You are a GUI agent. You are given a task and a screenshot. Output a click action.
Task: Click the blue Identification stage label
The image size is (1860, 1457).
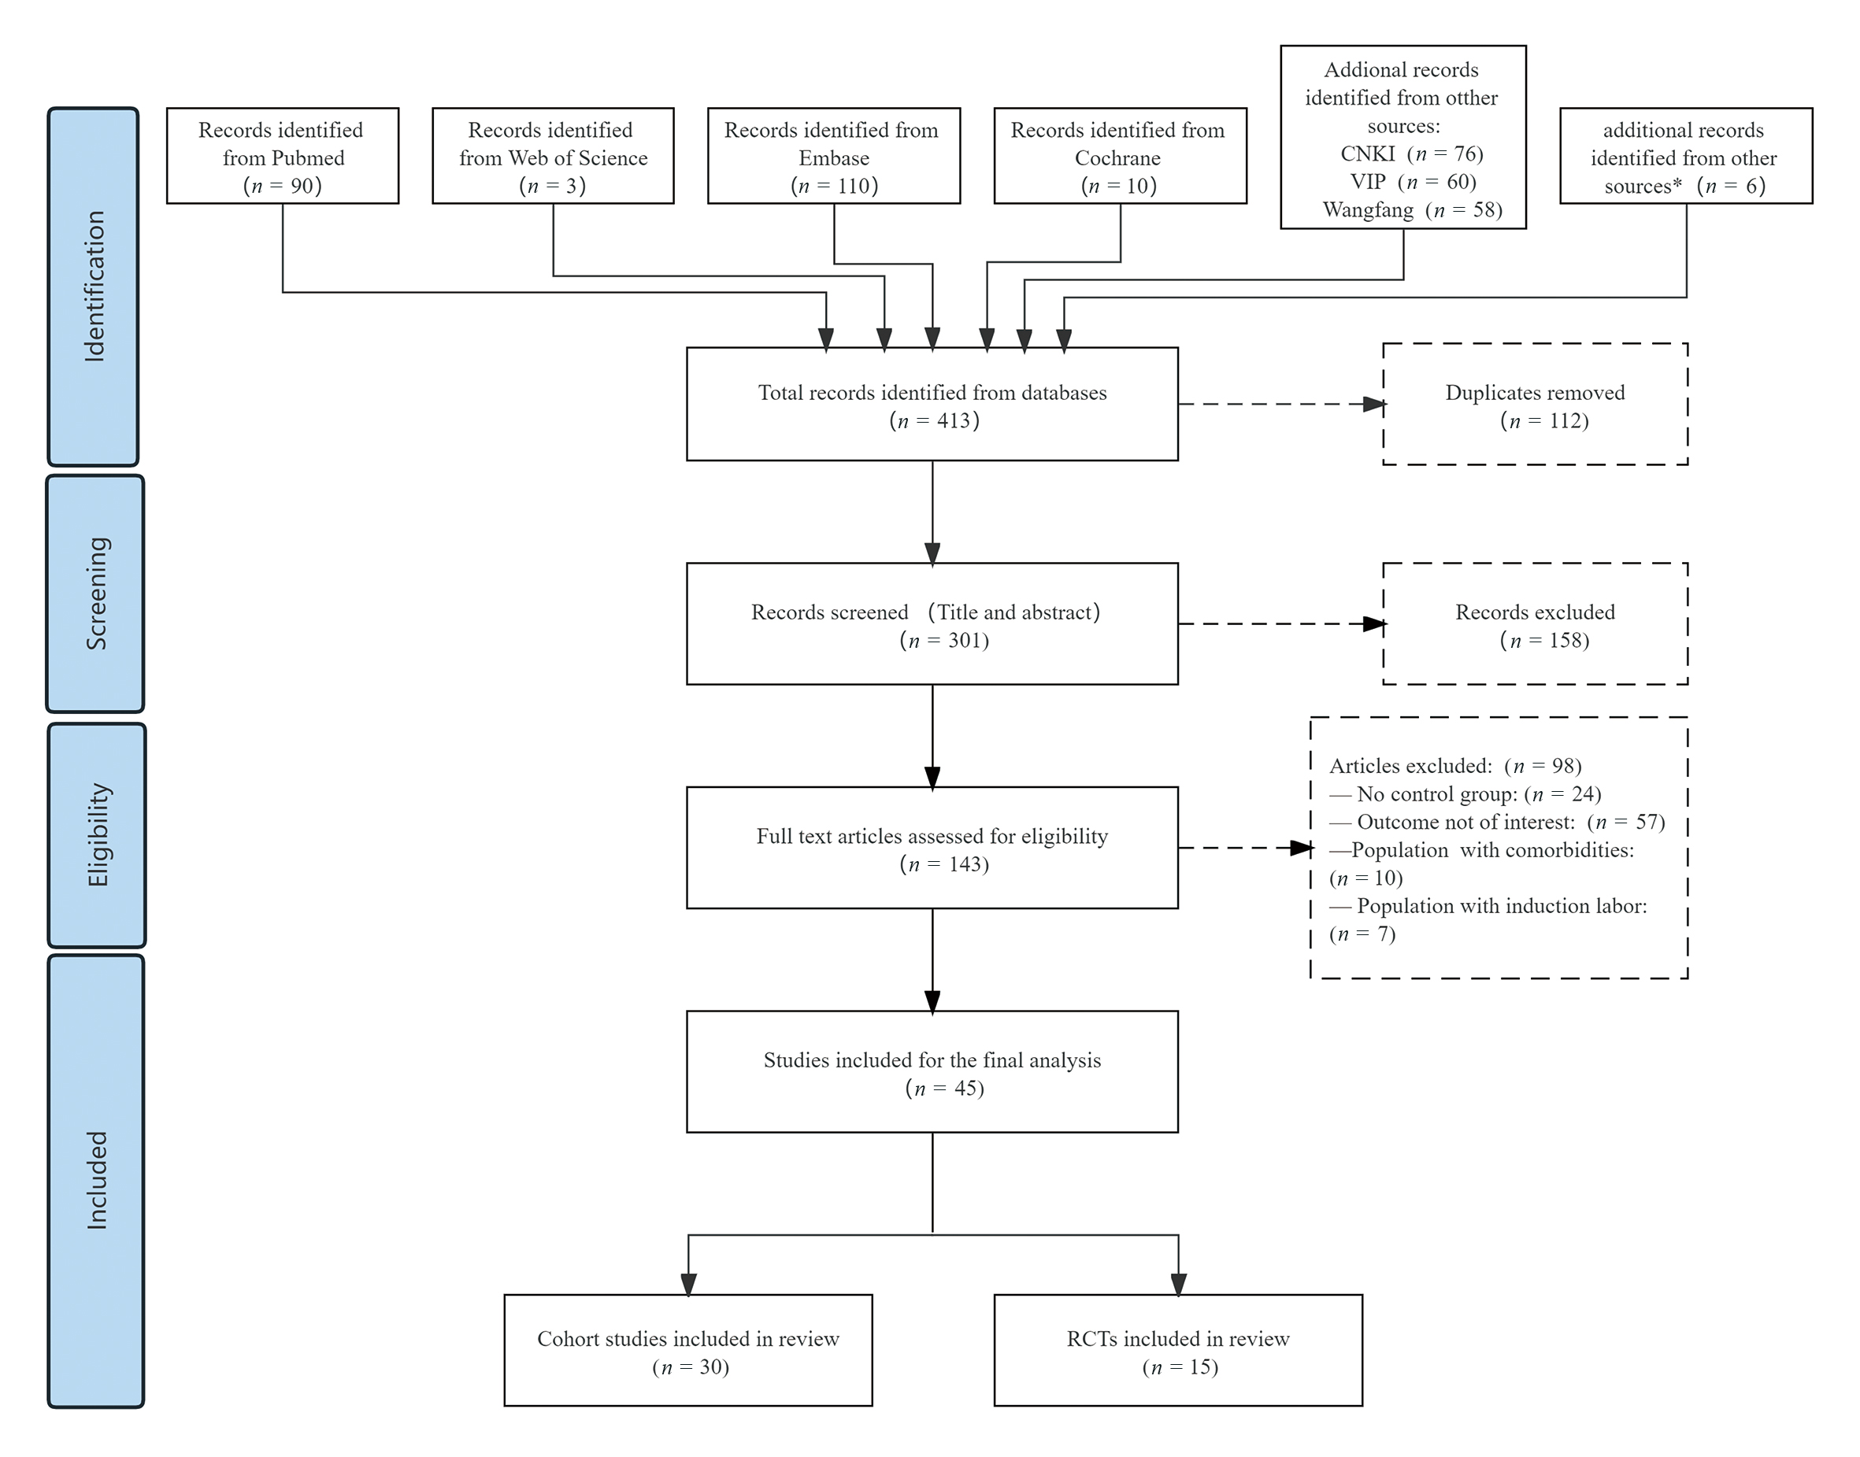click(93, 286)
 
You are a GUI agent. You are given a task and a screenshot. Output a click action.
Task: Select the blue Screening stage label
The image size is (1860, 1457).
click(94, 593)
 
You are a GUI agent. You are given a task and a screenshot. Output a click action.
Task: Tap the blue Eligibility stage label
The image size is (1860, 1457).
click(96, 834)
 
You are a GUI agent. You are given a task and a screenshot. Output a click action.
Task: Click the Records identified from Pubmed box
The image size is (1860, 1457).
click(283, 156)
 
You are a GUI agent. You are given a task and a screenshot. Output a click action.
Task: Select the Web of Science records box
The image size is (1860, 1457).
click(553, 156)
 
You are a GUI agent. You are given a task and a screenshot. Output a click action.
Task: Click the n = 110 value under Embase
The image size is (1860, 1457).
click(835, 186)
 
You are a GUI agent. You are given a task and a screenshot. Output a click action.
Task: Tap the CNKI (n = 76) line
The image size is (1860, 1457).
click(1412, 153)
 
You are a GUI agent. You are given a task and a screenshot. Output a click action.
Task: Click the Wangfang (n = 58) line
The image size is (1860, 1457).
click(1412, 210)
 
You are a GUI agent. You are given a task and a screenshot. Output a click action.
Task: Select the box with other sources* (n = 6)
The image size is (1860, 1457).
click(1685, 156)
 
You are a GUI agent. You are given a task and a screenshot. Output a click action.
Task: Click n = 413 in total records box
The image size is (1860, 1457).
click(934, 420)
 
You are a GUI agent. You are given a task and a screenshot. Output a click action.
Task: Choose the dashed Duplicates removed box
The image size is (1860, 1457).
click(1534, 405)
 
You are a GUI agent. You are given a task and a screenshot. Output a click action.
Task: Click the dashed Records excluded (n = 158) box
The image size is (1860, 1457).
click(1534, 623)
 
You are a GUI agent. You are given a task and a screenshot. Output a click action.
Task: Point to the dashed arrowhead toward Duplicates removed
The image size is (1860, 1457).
click(1373, 405)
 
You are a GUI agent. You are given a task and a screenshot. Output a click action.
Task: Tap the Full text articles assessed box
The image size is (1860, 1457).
click(932, 848)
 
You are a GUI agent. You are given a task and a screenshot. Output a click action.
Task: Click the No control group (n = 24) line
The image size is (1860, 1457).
click(1465, 794)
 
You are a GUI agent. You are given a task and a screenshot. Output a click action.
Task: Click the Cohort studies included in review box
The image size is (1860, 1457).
click(687, 1352)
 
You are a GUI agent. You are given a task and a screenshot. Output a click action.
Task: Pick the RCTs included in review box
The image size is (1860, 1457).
click(1177, 1352)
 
